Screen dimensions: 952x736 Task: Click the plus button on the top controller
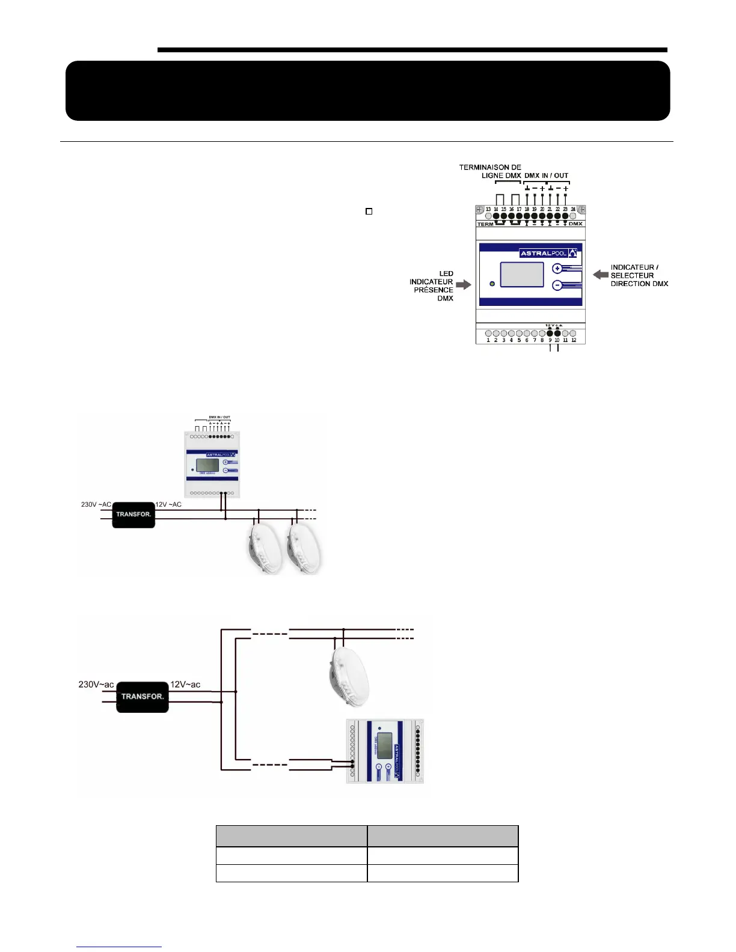(557, 269)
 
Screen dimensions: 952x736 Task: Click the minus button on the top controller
(557, 285)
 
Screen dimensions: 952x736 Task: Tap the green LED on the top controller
(492, 284)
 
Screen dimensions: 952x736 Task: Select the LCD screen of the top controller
(522, 275)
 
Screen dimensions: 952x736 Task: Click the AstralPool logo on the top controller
(548, 253)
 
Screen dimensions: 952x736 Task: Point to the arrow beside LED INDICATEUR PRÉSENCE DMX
(464, 285)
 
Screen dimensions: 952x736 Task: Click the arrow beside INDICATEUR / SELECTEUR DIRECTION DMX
(600, 275)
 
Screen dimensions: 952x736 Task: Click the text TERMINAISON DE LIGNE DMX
(491, 171)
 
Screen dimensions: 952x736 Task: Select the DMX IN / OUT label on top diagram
(546, 175)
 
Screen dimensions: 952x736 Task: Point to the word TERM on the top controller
(485, 224)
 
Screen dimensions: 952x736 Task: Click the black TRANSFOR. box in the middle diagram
(133, 514)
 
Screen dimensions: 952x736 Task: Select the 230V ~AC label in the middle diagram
(96, 504)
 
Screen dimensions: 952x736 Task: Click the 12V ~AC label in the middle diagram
(168, 504)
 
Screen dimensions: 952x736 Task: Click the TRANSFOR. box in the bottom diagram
(143, 697)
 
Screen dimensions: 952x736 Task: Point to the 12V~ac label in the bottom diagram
(185, 685)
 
